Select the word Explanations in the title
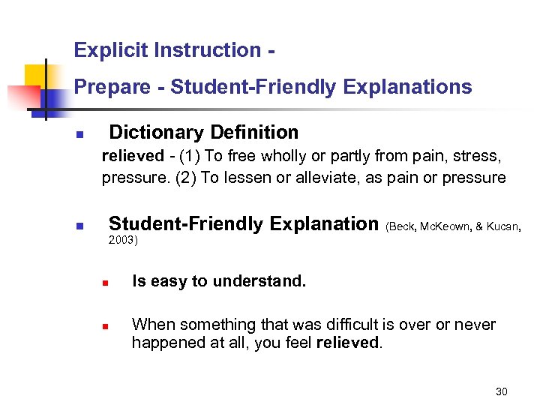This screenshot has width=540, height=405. (407, 88)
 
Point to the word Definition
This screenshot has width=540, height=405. (254, 133)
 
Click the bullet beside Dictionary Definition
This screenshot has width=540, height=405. (79, 135)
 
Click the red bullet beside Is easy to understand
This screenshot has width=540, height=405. (106, 284)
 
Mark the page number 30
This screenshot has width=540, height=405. (502, 391)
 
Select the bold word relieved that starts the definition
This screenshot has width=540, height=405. (132, 156)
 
